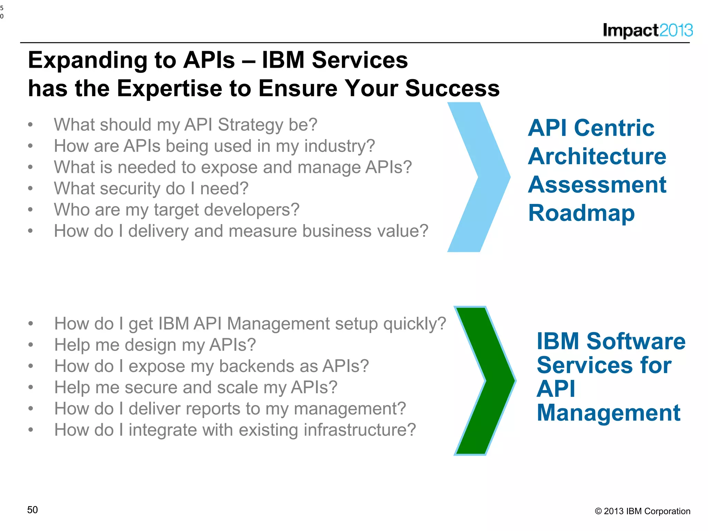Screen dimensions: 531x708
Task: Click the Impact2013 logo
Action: (648, 30)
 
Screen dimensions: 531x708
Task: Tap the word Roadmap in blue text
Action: (581, 213)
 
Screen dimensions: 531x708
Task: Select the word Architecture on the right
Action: (597, 156)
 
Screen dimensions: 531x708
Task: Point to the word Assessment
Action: (597, 185)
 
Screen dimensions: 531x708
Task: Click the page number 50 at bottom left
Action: (32, 510)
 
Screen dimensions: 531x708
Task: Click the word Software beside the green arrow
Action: (636, 341)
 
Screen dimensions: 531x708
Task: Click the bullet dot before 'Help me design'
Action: (31, 345)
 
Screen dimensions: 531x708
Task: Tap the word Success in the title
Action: (452, 88)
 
